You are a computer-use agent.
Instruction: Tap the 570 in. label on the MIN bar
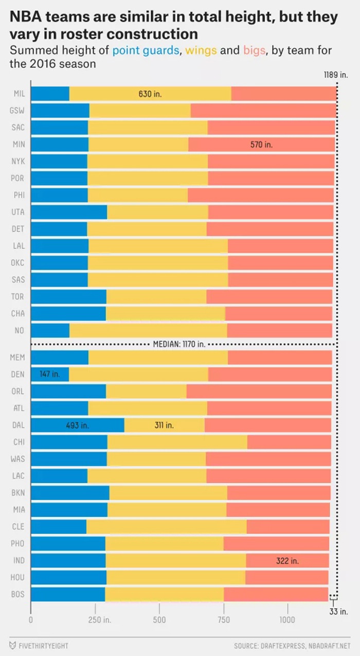(x=261, y=145)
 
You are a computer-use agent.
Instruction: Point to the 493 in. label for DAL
(x=77, y=425)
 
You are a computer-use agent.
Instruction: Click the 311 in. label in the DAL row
(x=164, y=425)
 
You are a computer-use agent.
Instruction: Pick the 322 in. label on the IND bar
(x=287, y=561)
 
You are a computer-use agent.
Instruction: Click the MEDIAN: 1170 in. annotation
(x=179, y=344)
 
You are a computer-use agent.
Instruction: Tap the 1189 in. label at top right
(x=335, y=75)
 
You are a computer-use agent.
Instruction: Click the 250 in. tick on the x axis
(x=100, y=620)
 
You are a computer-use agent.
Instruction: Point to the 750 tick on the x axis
(x=224, y=620)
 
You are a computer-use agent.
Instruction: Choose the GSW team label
(x=17, y=111)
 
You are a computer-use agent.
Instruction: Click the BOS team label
(x=17, y=594)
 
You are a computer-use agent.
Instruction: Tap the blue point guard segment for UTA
(x=69, y=212)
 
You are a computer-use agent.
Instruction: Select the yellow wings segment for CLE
(x=166, y=527)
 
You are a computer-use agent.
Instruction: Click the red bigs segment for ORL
(x=259, y=391)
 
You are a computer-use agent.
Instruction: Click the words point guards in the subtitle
(x=146, y=51)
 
